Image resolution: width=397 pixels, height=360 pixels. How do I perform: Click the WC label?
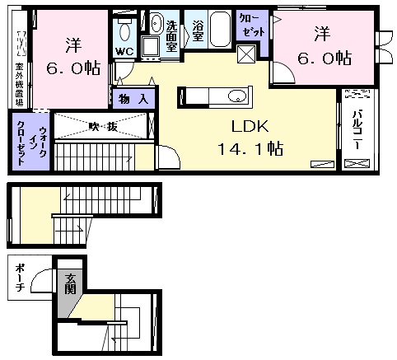pyautogui.click(x=124, y=51)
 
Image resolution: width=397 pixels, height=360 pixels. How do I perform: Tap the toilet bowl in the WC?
pyautogui.click(x=124, y=32)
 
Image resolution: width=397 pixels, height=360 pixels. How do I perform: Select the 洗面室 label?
pyautogui.click(x=171, y=36)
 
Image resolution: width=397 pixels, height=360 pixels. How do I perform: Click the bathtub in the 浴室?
pyautogui.click(x=220, y=29)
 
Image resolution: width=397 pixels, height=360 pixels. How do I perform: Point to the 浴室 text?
pyautogui.click(x=198, y=30)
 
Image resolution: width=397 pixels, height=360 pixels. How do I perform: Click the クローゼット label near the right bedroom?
pyautogui.click(x=251, y=26)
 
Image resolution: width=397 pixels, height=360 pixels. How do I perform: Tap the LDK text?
pyautogui.click(x=250, y=127)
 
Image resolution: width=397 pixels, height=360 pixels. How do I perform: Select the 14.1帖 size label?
pyautogui.click(x=250, y=149)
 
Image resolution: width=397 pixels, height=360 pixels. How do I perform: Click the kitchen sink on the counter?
pyautogui.click(x=236, y=96)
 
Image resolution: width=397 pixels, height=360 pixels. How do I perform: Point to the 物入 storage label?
pyautogui.click(x=133, y=99)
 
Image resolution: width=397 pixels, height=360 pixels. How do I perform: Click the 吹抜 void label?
pyautogui.click(x=103, y=126)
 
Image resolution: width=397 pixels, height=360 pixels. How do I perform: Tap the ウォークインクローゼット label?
pyautogui.click(x=30, y=143)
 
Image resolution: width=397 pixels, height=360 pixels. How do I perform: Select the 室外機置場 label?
pyautogui.click(x=19, y=85)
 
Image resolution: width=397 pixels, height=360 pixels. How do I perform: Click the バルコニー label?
pyautogui.click(x=357, y=129)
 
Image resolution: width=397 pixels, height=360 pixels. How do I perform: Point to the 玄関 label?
pyautogui.click(x=70, y=283)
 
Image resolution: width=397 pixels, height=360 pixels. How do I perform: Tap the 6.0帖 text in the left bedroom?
pyautogui.click(x=73, y=68)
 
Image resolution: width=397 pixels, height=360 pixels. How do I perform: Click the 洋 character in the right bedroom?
pyautogui.click(x=322, y=33)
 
